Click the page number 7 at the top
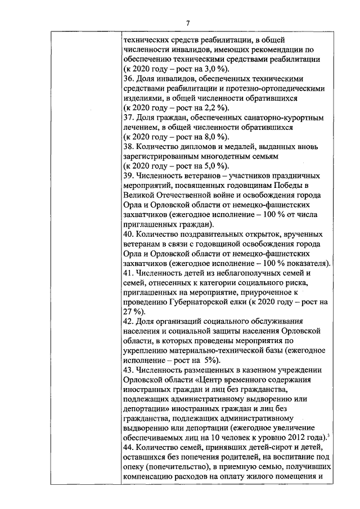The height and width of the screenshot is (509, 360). (188, 22)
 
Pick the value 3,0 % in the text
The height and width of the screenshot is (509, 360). (184, 69)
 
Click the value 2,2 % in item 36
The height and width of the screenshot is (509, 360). (184, 108)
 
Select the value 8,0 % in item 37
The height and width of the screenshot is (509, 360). (184, 137)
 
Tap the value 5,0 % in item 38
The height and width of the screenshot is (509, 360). (184, 166)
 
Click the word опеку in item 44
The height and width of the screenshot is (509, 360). (133, 466)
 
